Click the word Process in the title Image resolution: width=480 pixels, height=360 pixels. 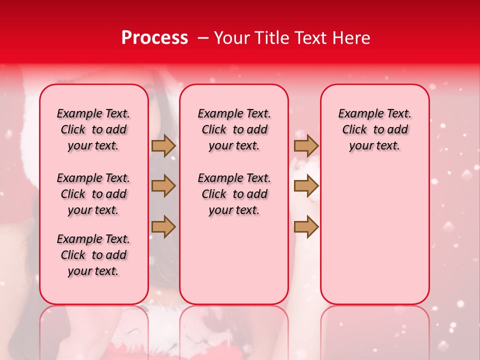pyautogui.click(x=154, y=38)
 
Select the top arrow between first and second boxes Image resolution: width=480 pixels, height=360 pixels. pyautogui.click(x=163, y=145)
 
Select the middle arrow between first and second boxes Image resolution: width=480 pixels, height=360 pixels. pyautogui.click(x=163, y=186)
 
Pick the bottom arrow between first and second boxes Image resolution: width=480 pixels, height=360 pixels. pyautogui.click(x=163, y=226)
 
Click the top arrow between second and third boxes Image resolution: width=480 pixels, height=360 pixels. pyautogui.click(x=306, y=145)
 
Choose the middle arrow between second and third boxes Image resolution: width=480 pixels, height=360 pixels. pyautogui.click(x=306, y=186)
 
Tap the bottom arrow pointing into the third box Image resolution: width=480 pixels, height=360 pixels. pyautogui.click(x=306, y=226)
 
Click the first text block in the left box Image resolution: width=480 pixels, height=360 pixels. pyautogui.click(x=93, y=129)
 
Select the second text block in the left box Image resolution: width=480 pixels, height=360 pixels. pyautogui.click(x=93, y=194)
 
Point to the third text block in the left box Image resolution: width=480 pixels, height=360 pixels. pyautogui.click(x=93, y=255)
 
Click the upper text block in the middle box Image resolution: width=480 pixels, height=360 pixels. pyautogui.click(x=234, y=129)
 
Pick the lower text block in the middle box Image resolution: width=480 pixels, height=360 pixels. pyautogui.click(x=234, y=194)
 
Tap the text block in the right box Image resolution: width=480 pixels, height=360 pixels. pyautogui.click(x=374, y=129)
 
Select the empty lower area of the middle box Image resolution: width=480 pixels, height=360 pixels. pyautogui.click(x=234, y=260)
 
